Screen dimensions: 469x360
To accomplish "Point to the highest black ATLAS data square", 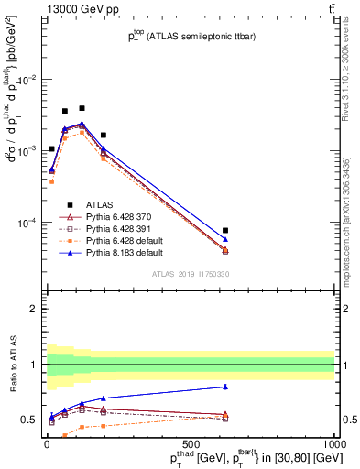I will tap(82, 108).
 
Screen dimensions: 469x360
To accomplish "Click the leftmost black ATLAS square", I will tap(51, 148).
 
